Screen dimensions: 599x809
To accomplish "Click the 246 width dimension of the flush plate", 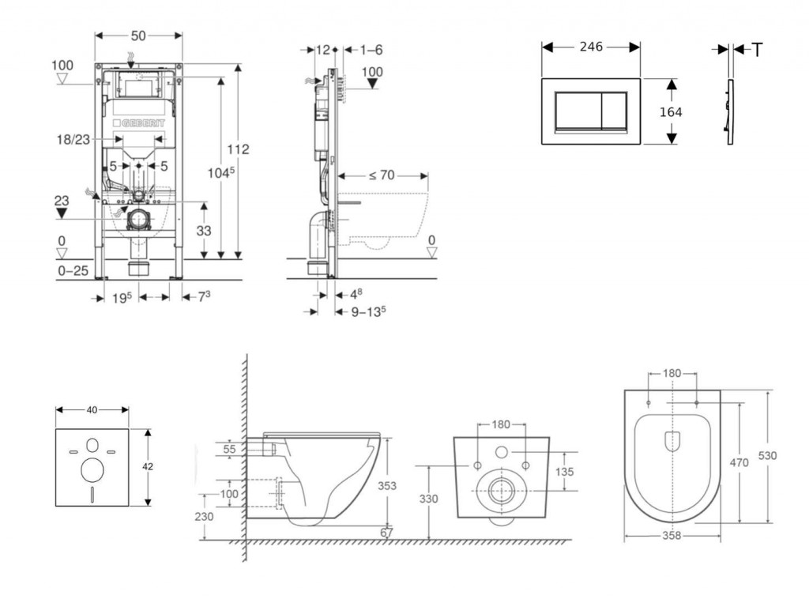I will [x=590, y=47].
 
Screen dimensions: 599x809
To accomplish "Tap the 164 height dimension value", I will [x=671, y=112].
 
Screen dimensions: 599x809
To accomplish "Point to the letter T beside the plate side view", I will [x=757, y=51].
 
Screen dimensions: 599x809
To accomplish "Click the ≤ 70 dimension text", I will [x=381, y=175].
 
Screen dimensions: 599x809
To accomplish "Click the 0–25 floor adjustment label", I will [x=72, y=271].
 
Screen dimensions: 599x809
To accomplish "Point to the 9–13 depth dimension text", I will [x=368, y=311].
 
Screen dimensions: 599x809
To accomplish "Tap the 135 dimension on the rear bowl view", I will [x=563, y=471].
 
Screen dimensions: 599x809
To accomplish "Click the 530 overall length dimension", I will [x=766, y=456].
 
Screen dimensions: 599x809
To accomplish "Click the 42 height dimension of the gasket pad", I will [x=148, y=466].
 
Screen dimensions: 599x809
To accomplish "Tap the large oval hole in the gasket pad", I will [x=92, y=470].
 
